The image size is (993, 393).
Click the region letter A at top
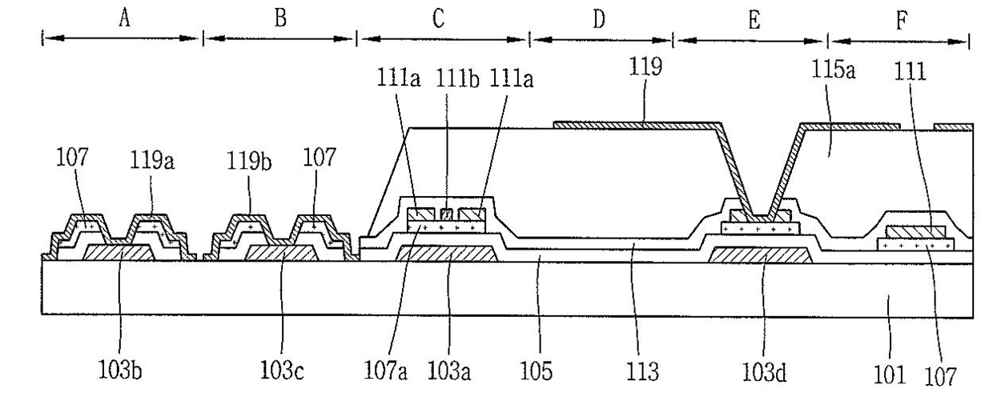pyautogui.click(x=125, y=18)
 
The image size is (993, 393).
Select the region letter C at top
pyautogui.click(x=438, y=18)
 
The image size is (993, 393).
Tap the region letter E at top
pyautogui.click(x=754, y=20)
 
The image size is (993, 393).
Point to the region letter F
pyautogui.click(x=902, y=20)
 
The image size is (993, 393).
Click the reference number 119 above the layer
pyautogui.click(x=645, y=67)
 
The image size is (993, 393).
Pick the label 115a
pyautogui.click(x=833, y=70)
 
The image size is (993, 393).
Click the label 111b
pyautogui.click(x=457, y=79)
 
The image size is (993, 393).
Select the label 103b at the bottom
pyautogui.click(x=119, y=371)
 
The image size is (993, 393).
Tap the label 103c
pyautogui.click(x=282, y=371)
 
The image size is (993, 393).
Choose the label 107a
pyautogui.click(x=385, y=371)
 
